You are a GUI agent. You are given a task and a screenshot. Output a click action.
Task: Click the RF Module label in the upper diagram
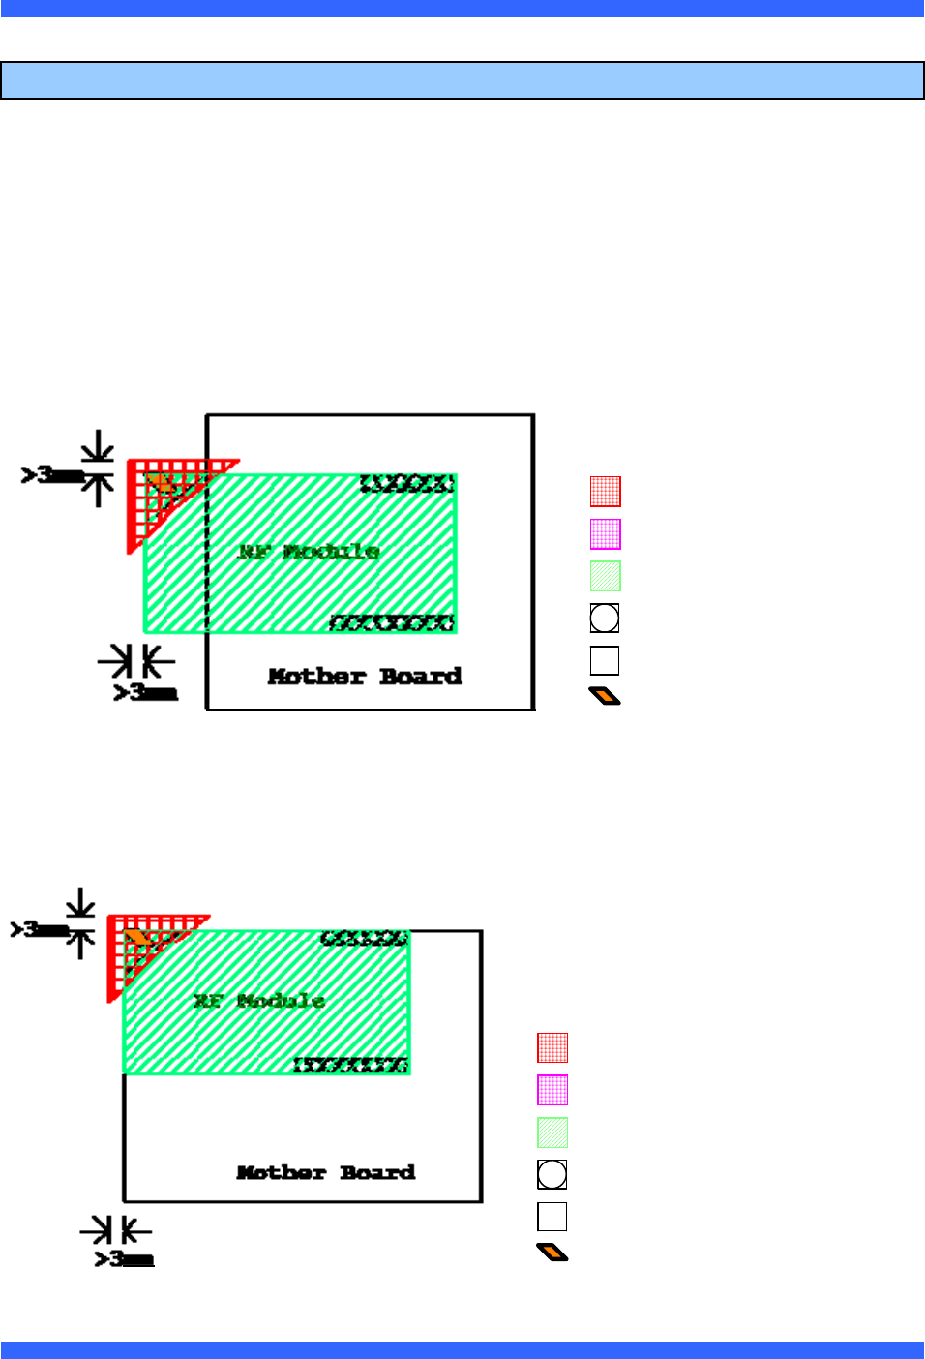(309, 552)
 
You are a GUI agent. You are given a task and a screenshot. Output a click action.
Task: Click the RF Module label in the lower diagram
(258, 1001)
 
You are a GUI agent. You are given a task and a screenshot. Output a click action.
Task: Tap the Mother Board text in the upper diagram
(365, 677)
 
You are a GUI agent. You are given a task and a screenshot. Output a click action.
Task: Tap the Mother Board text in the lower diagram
(326, 1173)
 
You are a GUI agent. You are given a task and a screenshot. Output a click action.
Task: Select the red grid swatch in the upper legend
(606, 492)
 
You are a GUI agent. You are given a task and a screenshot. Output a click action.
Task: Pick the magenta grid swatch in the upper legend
(606, 534)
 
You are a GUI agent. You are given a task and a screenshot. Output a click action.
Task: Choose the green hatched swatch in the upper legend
(606, 576)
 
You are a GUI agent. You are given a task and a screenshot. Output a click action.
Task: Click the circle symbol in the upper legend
(605, 618)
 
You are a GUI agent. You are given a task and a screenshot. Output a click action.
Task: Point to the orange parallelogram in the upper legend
(605, 696)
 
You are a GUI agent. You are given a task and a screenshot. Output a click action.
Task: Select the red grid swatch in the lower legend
(552, 1048)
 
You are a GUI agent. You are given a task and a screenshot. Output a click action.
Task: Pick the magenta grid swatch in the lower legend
(552, 1090)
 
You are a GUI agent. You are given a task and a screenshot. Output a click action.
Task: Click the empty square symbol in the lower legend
(552, 1217)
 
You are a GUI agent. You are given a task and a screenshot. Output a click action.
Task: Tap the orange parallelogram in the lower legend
(552, 1253)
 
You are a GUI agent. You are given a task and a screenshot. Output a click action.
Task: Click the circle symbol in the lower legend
(552, 1174)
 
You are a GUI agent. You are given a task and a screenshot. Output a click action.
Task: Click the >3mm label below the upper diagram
(145, 692)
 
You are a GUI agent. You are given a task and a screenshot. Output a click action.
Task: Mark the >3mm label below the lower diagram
(124, 1258)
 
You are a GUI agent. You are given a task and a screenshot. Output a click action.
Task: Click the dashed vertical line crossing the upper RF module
(207, 581)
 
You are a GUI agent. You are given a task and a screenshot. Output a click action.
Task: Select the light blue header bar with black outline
(462, 80)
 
